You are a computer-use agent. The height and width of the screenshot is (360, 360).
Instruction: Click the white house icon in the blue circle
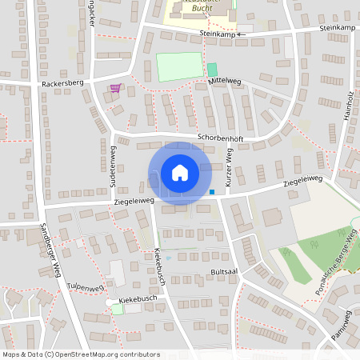click(180, 173)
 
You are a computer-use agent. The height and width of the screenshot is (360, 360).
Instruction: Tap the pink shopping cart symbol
click(116, 88)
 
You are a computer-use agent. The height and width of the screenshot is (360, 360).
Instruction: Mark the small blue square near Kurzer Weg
click(211, 191)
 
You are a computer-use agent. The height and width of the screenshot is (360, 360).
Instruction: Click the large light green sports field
click(179, 66)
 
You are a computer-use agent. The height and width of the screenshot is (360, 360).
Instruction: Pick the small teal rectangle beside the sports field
click(212, 70)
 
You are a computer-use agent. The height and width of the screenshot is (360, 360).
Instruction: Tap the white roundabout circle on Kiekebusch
click(110, 302)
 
